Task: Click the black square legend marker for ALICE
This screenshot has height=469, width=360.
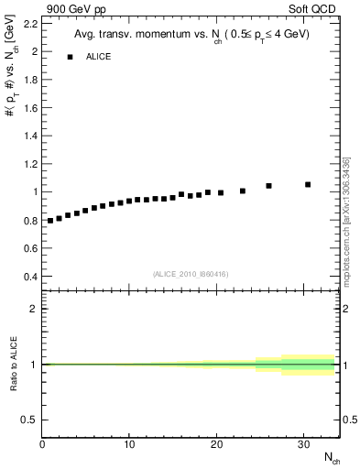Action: pyautogui.click(x=70, y=57)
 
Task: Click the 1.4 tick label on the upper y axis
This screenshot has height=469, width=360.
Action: pyautogui.click(x=31, y=136)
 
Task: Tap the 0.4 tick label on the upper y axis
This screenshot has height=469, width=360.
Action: pyautogui.click(x=31, y=277)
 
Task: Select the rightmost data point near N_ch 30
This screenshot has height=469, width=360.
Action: pyautogui.click(x=308, y=184)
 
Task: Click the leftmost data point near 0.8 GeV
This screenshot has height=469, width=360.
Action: pyautogui.click(x=50, y=221)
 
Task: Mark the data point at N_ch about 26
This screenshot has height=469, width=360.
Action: pyautogui.click(x=268, y=186)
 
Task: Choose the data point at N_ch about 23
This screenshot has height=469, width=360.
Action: pyautogui.click(x=243, y=191)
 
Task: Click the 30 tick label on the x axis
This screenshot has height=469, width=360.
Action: pyautogui.click(x=303, y=444)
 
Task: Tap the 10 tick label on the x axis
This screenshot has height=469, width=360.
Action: pyautogui.click(x=129, y=444)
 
